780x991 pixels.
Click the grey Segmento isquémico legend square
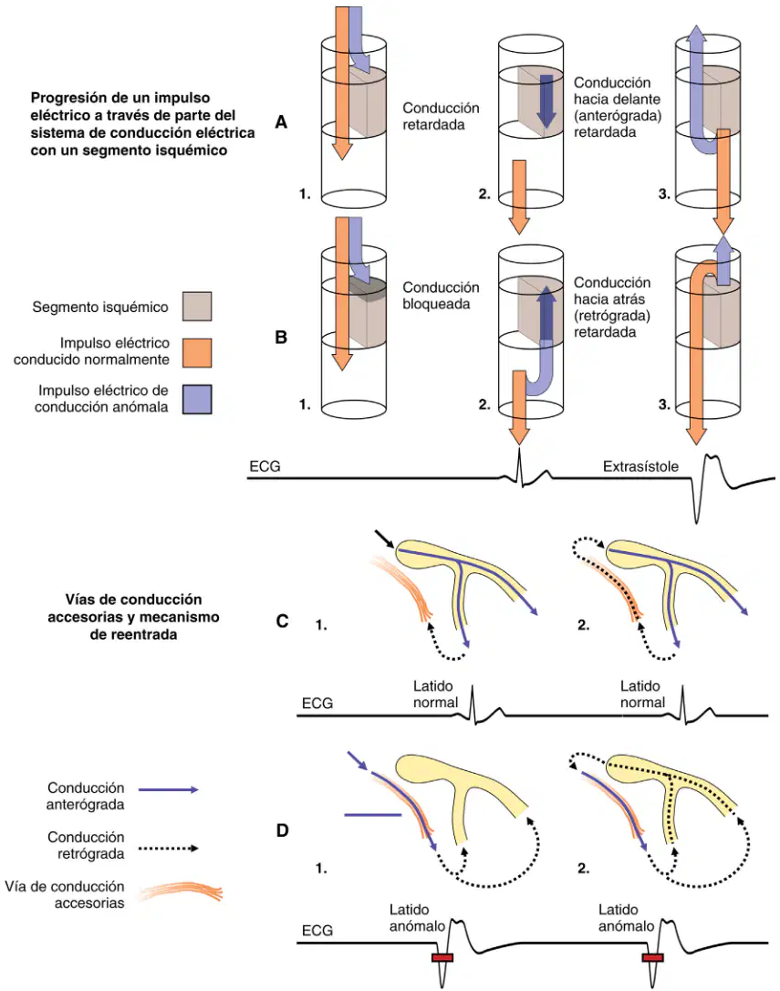tap(197, 307)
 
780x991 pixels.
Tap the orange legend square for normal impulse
tap(197, 352)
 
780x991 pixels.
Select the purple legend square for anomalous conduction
tap(197, 400)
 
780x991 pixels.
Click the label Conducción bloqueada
tap(441, 295)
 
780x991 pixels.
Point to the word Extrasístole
tap(640, 466)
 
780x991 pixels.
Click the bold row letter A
tap(281, 122)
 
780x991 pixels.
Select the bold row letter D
tap(283, 829)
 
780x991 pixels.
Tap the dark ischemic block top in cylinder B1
tap(368, 287)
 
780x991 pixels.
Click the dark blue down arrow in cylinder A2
tap(546, 102)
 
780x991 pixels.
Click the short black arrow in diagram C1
tap(384, 539)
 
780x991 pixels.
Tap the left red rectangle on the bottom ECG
tap(442, 957)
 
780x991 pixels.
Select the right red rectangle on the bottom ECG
tap(652, 957)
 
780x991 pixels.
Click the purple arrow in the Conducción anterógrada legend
tap(168, 789)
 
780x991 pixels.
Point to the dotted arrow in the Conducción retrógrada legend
tap(168, 848)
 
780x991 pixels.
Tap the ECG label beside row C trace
tap(317, 704)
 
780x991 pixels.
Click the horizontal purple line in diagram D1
tap(373, 815)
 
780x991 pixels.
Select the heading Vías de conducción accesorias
tap(133, 608)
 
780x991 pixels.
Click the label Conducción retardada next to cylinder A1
tap(441, 116)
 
